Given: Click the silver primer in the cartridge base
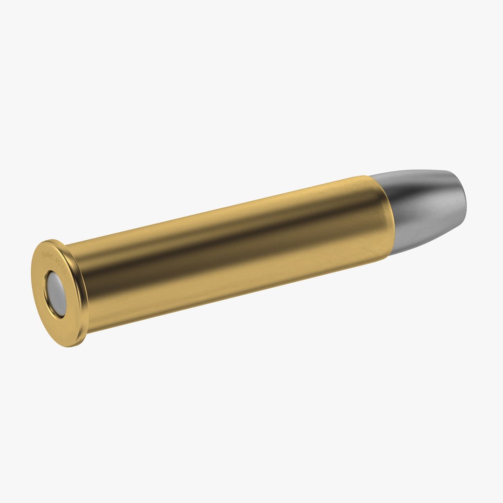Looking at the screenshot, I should (56, 294).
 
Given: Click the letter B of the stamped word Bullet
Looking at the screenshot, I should (43, 254).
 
